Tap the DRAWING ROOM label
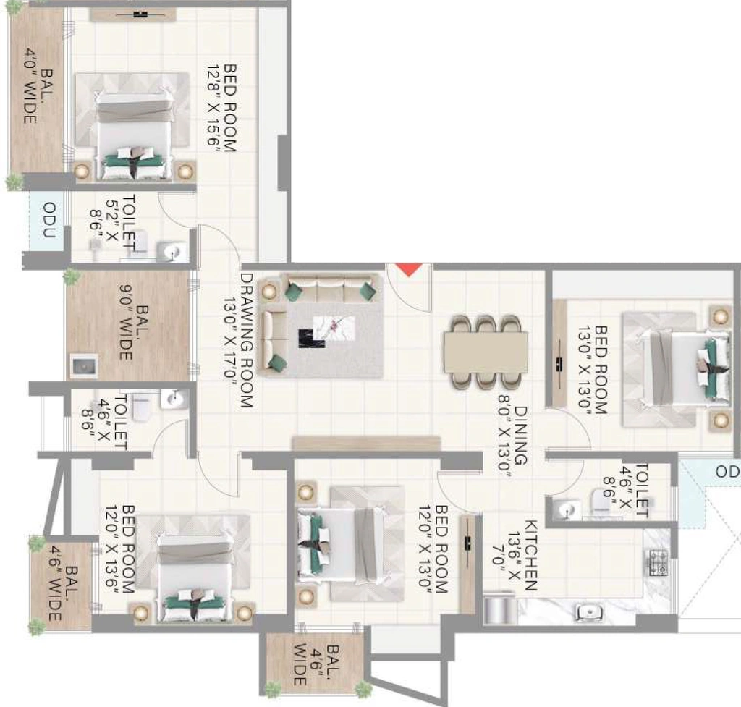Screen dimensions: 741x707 247,340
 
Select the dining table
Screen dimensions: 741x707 486,352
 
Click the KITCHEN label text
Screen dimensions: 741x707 531,555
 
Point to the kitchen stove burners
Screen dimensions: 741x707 659,563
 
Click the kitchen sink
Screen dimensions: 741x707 589,613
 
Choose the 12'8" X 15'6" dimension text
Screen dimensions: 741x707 213,109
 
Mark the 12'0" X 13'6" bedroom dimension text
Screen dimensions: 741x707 112,549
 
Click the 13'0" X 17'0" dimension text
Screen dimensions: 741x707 229,340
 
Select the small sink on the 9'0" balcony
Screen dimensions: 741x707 84,365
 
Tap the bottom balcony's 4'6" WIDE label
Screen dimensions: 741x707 308,664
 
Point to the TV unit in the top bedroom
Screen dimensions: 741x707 133,14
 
